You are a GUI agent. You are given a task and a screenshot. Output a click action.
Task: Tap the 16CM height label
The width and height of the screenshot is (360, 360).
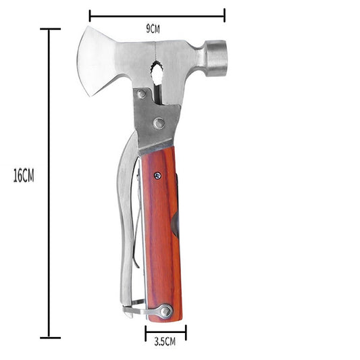(x=23, y=177)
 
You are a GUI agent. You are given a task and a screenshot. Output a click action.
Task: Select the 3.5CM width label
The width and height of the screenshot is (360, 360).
(x=164, y=342)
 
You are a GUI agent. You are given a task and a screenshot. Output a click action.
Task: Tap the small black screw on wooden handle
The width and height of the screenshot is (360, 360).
(x=157, y=176)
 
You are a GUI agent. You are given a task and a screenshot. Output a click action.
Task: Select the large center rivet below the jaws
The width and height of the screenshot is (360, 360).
(x=158, y=123)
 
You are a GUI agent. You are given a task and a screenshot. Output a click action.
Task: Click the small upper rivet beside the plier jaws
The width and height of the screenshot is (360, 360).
(x=141, y=95)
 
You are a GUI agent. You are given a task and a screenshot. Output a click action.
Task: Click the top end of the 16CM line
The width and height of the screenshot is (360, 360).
(x=49, y=30)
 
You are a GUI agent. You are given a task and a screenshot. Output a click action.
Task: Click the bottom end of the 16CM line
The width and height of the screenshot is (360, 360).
(x=49, y=337)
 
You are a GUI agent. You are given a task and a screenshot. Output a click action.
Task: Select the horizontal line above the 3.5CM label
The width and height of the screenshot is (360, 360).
(x=165, y=332)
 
